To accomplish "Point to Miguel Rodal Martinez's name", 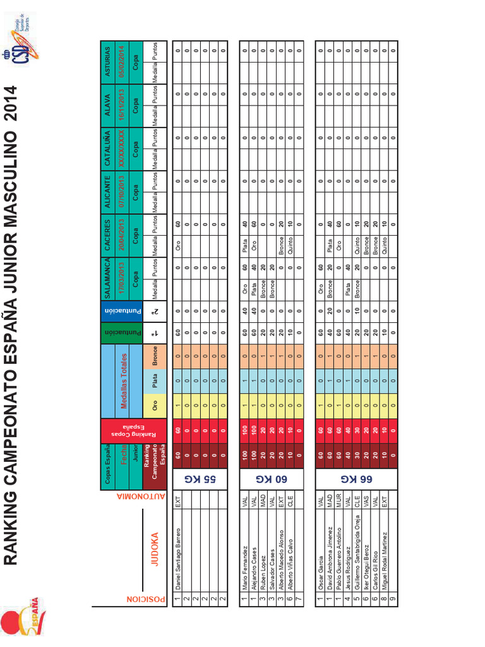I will click(x=383, y=558).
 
